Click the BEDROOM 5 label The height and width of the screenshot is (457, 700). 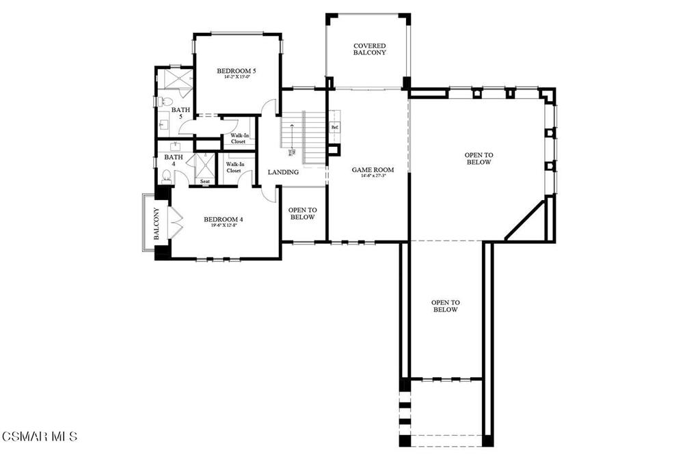pos(237,71)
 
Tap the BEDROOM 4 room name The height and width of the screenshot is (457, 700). pos(224,219)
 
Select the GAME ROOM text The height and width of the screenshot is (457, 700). pos(368,169)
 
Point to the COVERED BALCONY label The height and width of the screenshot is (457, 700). pos(369,49)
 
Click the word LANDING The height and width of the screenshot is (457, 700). pos(283,172)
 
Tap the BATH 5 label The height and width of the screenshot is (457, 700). pos(180,113)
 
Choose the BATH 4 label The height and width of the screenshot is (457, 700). pos(174,161)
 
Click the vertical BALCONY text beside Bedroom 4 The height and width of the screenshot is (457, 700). pos(156,224)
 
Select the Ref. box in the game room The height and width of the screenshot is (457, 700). pos(335,128)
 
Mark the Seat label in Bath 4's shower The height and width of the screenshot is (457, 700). pos(205,182)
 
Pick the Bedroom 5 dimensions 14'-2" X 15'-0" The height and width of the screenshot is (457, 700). pos(237,77)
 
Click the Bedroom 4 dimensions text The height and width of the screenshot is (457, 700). pos(224,225)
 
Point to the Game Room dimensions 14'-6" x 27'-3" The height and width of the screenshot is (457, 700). pos(368,176)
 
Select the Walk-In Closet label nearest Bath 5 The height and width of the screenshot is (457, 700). pos(238,139)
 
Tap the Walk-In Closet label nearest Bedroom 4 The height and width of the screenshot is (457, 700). pos(234,167)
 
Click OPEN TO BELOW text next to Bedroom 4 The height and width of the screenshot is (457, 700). pos(301,214)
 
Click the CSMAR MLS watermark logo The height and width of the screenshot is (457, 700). pos(40,436)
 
